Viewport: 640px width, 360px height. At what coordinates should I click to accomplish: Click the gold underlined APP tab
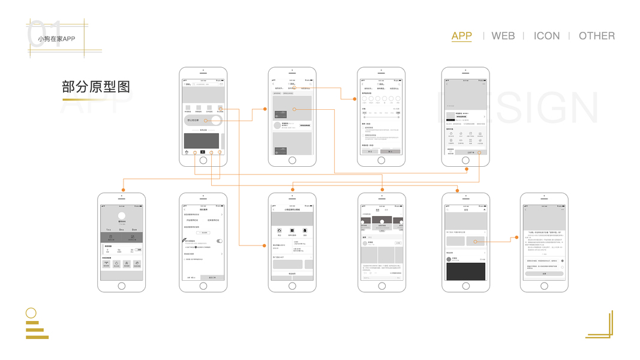(x=461, y=36)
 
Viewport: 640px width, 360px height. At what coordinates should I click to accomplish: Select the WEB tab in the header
(x=503, y=36)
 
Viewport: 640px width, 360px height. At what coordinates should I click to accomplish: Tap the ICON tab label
(x=546, y=36)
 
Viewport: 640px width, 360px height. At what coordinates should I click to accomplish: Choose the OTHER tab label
(x=596, y=36)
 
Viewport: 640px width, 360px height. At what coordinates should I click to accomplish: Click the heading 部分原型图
(x=96, y=87)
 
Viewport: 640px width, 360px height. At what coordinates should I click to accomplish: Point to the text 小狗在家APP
(x=56, y=39)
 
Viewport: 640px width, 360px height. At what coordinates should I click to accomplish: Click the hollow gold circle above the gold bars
(x=31, y=313)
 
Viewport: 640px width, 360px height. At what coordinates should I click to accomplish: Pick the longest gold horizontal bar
(x=37, y=337)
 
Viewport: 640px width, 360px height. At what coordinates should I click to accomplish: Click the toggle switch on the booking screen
(x=220, y=241)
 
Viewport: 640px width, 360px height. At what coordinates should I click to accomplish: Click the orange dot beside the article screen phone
(x=517, y=238)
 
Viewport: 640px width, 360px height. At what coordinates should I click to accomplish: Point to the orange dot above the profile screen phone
(x=124, y=190)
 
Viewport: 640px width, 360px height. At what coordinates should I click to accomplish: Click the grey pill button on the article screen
(x=544, y=274)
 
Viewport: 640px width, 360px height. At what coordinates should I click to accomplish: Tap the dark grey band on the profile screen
(x=122, y=238)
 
